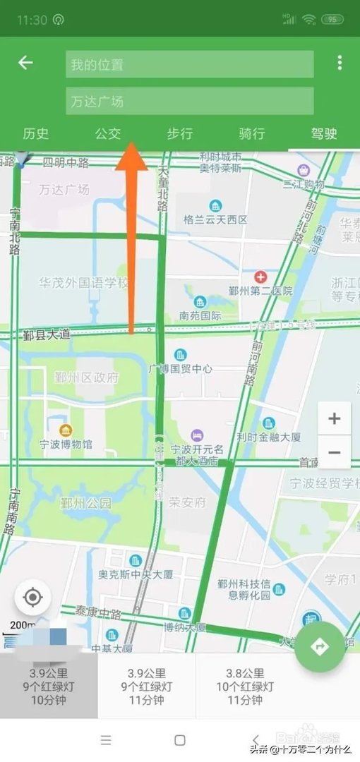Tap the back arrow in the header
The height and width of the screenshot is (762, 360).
25,63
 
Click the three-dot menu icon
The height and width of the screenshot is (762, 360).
340,63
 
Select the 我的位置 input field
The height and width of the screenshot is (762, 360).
189,64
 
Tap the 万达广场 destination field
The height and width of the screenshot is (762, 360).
189,101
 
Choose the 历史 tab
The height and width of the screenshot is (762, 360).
35,133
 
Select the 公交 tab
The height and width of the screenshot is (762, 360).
108,133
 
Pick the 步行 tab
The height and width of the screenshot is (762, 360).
179,133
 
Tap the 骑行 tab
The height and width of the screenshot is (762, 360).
251,133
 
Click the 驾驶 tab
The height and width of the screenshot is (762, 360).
324,133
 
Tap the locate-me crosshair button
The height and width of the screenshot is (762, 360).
32,598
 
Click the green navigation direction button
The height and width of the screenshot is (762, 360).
320,646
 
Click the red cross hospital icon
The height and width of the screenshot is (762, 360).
260,277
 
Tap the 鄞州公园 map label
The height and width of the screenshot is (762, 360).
85,503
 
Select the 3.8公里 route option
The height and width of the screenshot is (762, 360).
245,687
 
